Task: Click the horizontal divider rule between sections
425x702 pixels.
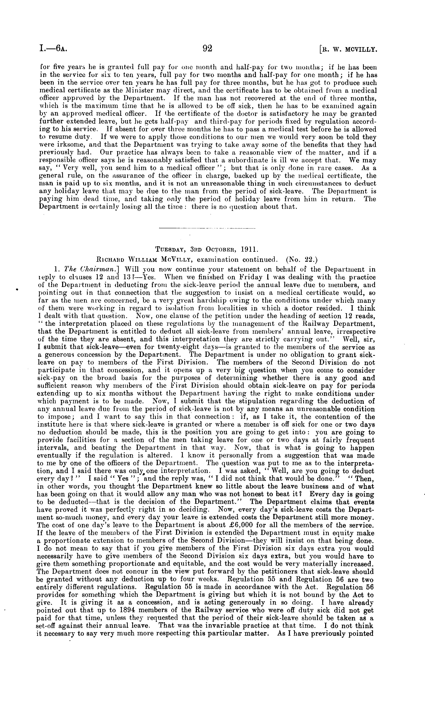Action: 207,228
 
